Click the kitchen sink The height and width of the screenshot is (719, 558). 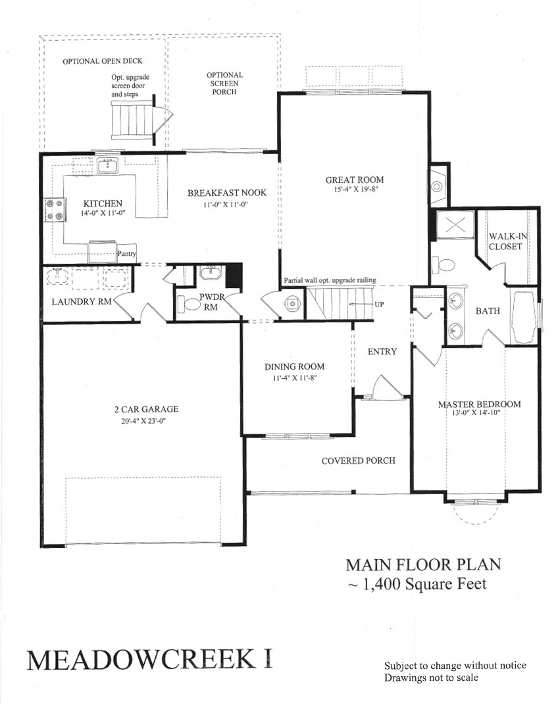point(108,165)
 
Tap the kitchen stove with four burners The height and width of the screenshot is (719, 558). point(55,210)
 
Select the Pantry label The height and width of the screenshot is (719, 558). point(126,253)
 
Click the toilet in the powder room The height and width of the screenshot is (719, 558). point(189,303)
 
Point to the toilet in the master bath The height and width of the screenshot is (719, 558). point(444,265)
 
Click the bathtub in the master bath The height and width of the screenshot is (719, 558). point(523,317)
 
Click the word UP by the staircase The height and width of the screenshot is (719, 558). point(379,305)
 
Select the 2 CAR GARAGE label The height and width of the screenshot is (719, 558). point(147,409)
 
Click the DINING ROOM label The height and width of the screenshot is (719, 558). point(294,367)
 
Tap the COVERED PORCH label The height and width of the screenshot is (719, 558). point(359,461)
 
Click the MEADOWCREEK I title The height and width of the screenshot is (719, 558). point(149,660)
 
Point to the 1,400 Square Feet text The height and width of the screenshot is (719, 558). point(424,584)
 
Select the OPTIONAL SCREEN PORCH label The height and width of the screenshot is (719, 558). point(224,84)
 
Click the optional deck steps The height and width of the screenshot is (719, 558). point(132,120)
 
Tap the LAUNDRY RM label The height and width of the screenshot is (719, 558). point(82,302)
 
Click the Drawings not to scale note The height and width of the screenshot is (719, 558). point(431,678)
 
